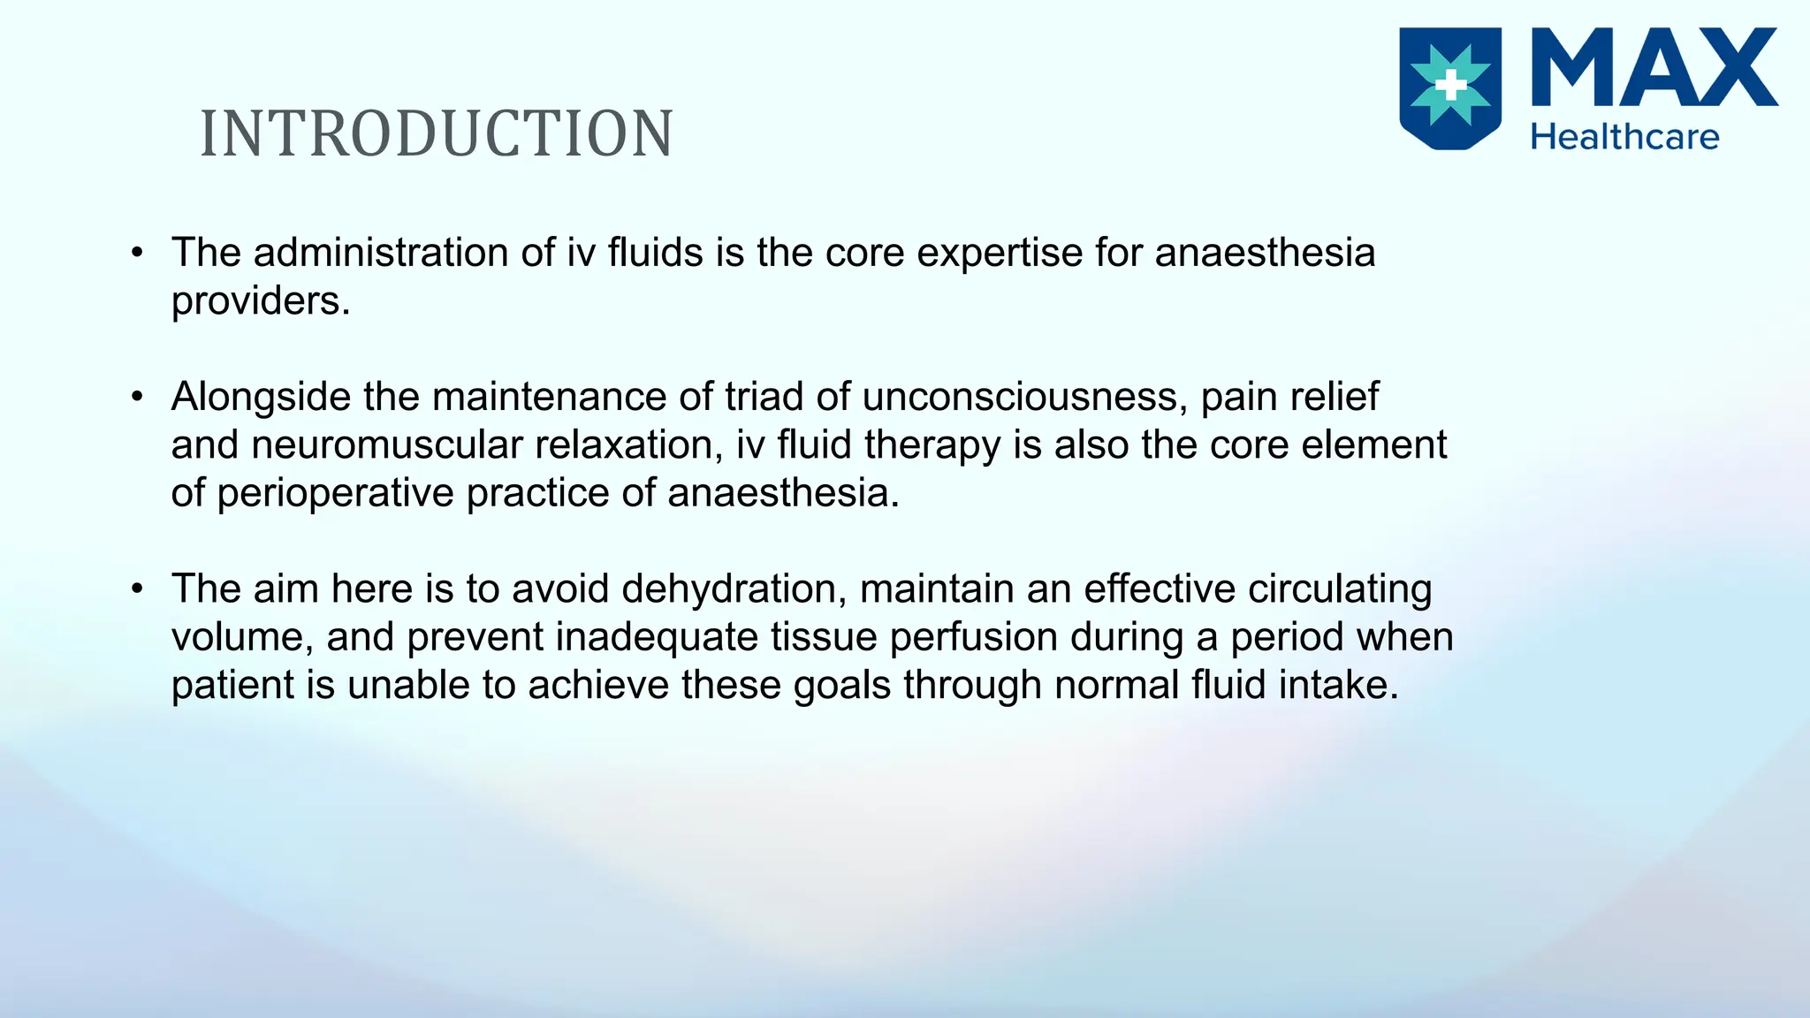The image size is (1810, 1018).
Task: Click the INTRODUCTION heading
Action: pyautogui.click(x=437, y=134)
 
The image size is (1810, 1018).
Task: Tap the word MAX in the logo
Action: pyautogui.click(x=1653, y=69)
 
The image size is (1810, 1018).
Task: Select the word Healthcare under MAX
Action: pyautogui.click(x=1624, y=137)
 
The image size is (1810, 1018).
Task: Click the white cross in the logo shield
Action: pyautogui.click(x=1450, y=86)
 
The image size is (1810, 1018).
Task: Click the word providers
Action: pyautogui.click(x=260, y=302)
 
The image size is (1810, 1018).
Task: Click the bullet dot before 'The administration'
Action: pyautogui.click(x=137, y=254)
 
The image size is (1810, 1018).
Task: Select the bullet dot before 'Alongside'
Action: pyautogui.click(x=137, y=398)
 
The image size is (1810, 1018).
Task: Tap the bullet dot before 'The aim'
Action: pyautogui.click(x=137, y=589)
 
